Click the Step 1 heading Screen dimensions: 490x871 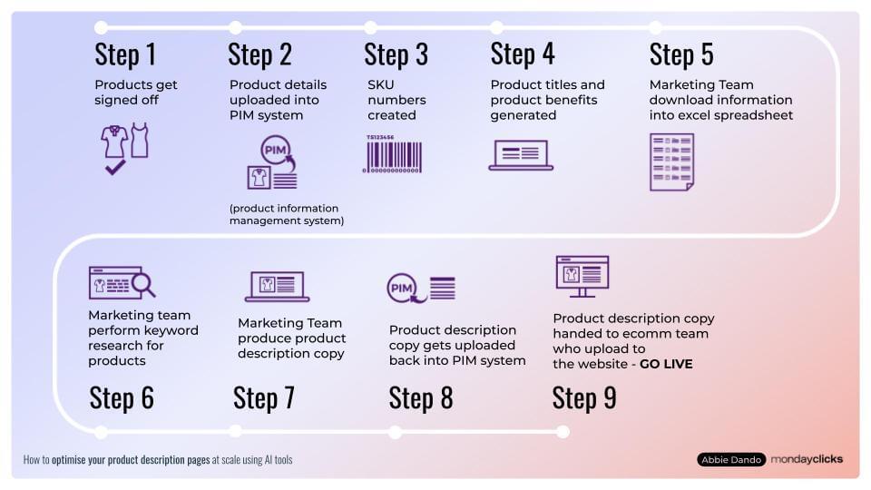point(125,54)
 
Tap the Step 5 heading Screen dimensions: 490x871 point(680,54)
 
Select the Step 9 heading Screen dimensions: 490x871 point(583,397)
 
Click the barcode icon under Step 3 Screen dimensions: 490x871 point(395,153)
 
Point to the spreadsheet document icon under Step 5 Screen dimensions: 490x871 point(671,162)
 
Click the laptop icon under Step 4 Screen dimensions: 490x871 point(521,155)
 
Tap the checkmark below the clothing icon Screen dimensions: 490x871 point(115,167)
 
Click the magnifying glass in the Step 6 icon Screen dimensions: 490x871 point(143,285)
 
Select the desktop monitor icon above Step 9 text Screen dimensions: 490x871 point(582,276)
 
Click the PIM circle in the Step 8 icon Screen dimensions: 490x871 point(401,289)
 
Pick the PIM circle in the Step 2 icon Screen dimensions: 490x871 point(274,149)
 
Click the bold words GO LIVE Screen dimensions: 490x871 point(666,364)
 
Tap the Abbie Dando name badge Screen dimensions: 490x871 point(731,459)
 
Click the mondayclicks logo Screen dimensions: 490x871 point(807,459)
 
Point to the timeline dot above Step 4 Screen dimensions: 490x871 point(496,27)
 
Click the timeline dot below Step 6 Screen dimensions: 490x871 point(101,431)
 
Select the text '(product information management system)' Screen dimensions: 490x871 point(286,214)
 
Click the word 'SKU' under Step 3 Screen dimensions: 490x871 point(381,84)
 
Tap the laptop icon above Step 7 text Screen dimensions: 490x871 point(277,287)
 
